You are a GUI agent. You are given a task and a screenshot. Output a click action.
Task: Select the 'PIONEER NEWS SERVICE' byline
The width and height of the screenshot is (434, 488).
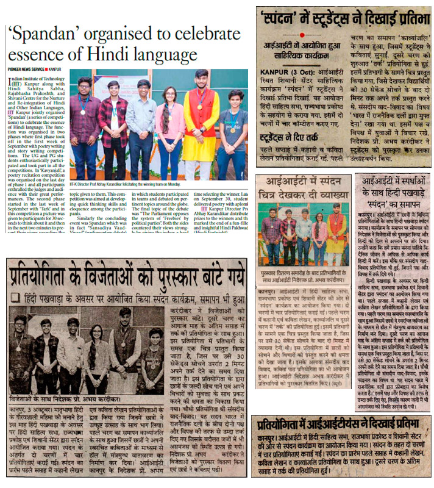(x=27, y=69)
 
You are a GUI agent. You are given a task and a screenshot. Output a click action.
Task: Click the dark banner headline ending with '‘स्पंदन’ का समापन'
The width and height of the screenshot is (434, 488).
(x=393, y=190)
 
